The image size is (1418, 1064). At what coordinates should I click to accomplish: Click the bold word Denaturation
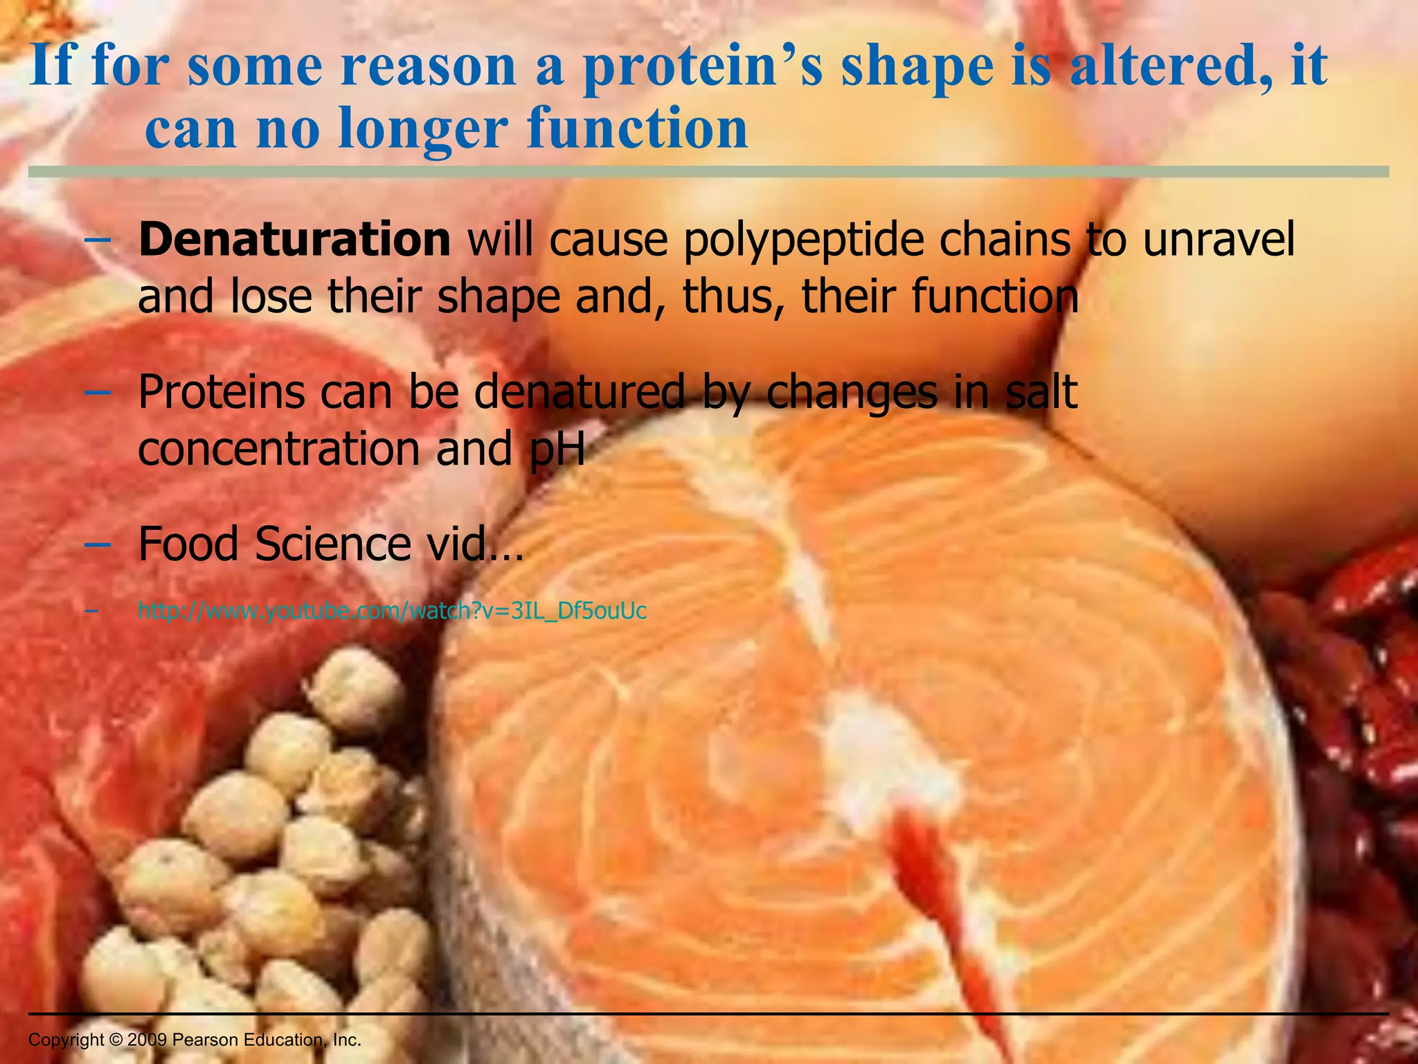point(294,240)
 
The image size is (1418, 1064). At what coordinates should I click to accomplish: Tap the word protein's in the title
point(703,66)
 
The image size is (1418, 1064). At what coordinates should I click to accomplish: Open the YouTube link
point(392,611)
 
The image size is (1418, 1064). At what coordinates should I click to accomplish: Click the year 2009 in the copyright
point(147,1040)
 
